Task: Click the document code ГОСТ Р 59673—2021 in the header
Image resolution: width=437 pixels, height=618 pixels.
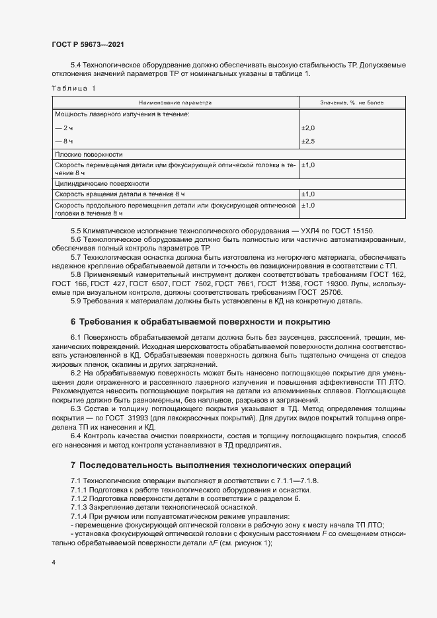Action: tap(87, 44)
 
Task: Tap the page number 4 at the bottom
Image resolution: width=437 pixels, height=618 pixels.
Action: tap(54, 562)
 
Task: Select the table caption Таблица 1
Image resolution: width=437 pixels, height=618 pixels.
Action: tap(73, 88)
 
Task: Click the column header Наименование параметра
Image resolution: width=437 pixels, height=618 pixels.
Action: tap(175, 103)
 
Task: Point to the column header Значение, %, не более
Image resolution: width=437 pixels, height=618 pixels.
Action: tap(342, 103)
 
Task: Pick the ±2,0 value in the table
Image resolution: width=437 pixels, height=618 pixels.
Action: tap(309, 128)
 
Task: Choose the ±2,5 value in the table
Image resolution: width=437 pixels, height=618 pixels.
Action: tap(309, 141)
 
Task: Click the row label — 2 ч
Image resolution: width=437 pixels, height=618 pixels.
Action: tap(64, 128)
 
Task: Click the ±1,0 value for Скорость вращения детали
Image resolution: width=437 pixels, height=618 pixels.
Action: tap(309, 194)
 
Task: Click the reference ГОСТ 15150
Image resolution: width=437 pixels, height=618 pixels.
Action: tap(357, 231)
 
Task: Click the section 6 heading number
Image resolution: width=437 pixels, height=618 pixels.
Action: tap(73, 322)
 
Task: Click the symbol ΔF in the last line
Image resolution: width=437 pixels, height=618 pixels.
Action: tap(213, 543)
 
